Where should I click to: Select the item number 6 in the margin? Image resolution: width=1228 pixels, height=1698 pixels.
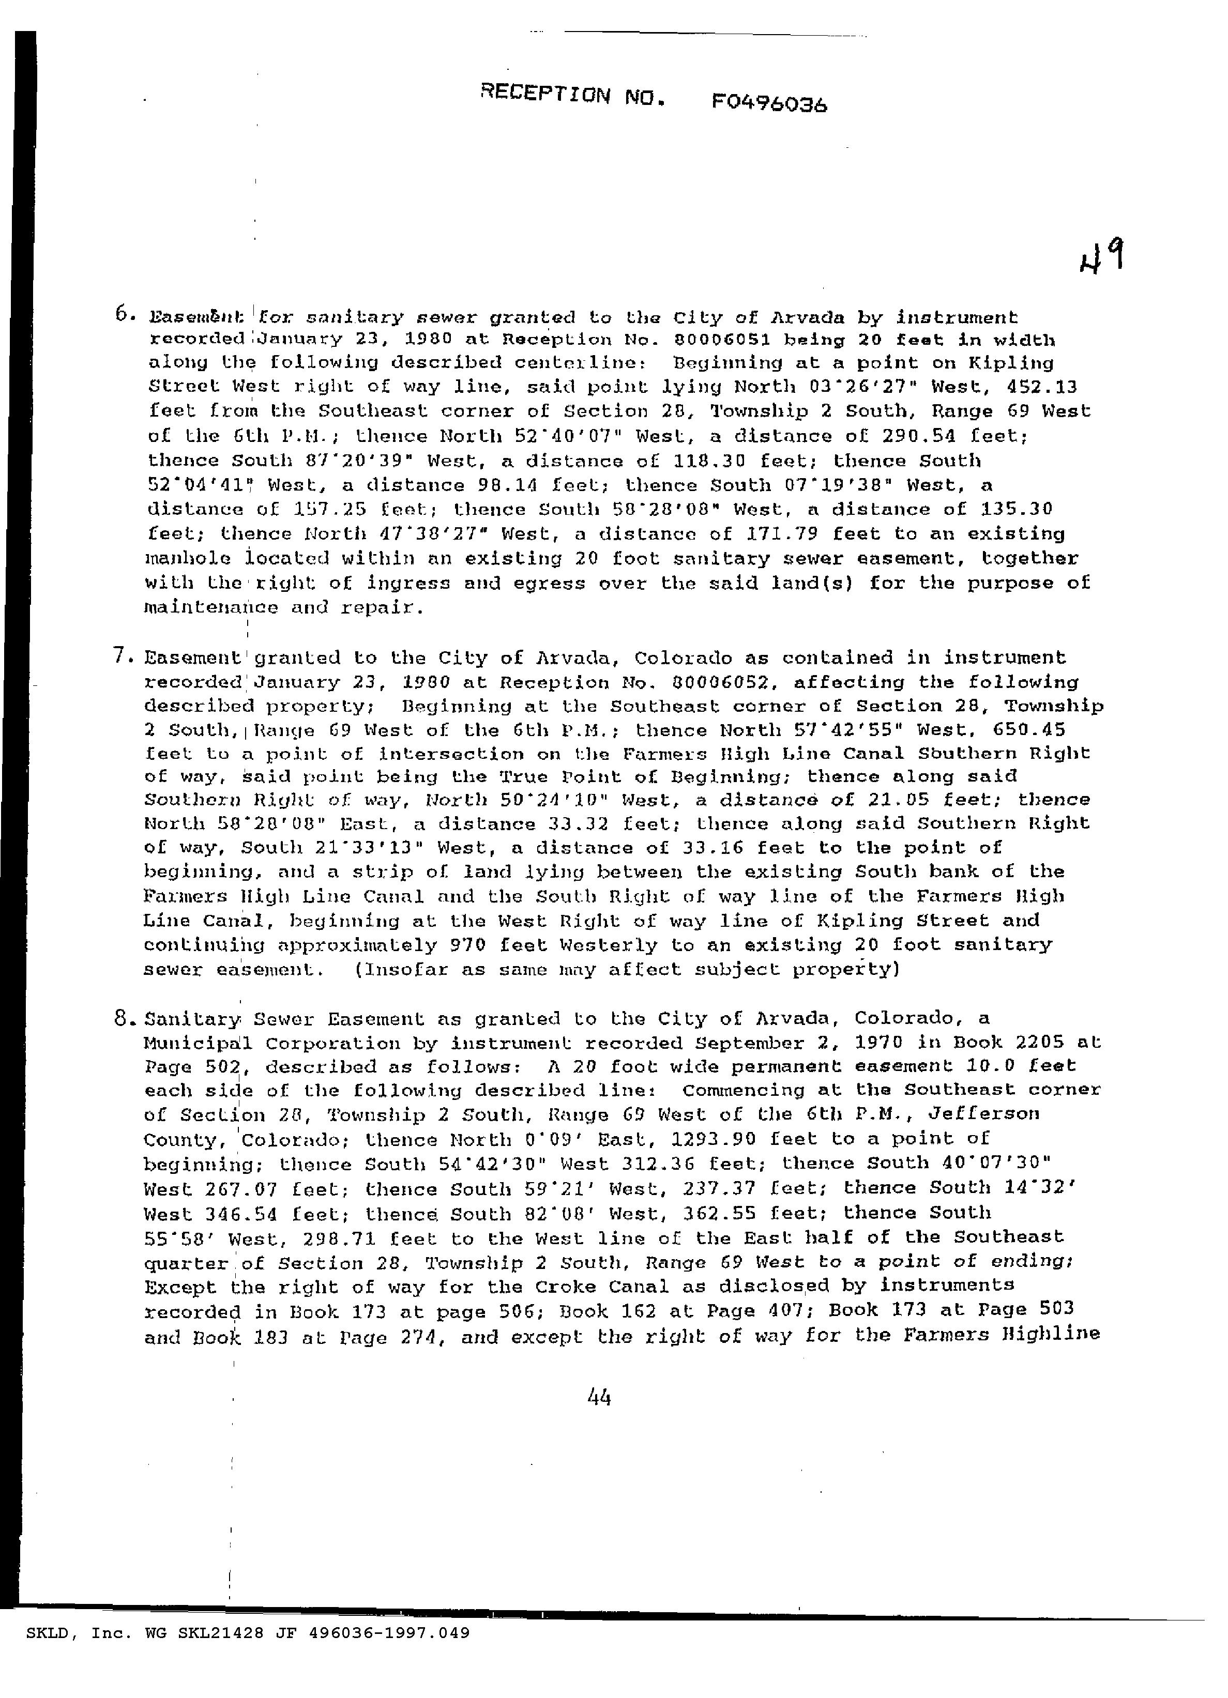(x=123, y=315)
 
